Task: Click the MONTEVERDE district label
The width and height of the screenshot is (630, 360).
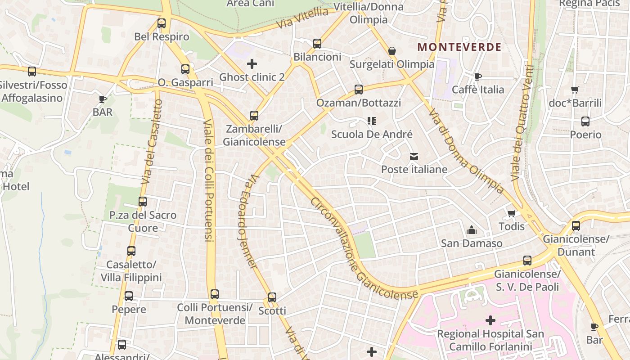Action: click(x=459, y=47)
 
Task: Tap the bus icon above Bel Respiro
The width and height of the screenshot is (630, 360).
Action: click(x=162, y=23)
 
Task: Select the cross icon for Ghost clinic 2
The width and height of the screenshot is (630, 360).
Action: click(x=252, y=64)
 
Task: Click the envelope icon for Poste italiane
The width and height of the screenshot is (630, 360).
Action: click(x=414, y=157)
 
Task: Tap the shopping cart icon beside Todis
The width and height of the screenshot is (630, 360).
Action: click(x=511, y=213)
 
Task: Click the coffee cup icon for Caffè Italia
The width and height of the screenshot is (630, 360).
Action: click(x=477, y=76)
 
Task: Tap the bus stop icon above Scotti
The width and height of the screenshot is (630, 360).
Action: click(x=272, y=297)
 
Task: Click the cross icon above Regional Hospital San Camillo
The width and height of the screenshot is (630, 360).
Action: click(x=490, y=320)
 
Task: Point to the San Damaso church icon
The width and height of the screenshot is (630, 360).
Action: click(x=472, y=230)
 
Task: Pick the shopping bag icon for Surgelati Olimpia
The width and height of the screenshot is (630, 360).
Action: click(x=392, y=51)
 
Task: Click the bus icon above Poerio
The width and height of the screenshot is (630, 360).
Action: click(x=585, y=121)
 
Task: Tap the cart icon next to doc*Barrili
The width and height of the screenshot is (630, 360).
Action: click(x=575, y=90)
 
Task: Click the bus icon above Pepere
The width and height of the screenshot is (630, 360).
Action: click(x=129, y=296)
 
